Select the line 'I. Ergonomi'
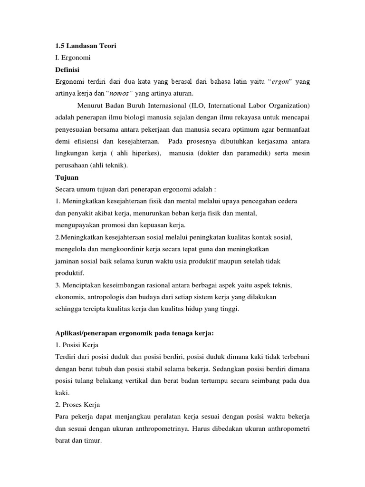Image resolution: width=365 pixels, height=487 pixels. click(x=73, y=58)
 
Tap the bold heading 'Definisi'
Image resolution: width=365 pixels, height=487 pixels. click(x=67, y=69)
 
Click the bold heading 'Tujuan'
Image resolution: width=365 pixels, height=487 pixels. click(x=66, y=177)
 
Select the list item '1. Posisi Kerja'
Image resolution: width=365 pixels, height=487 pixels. click(x=78, y=345)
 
